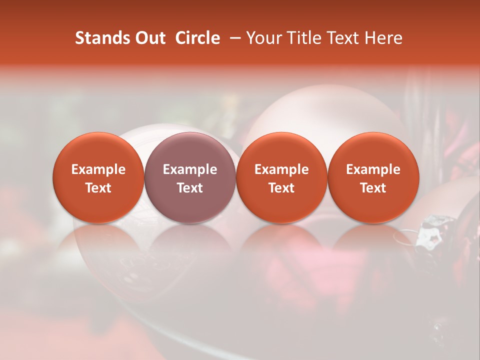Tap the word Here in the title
(x=383, y=38)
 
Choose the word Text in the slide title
(x=343, y=38)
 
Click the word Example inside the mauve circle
(x=190, y=169)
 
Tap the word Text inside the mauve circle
(x=190, y=188)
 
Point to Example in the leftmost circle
(x=98, y=169)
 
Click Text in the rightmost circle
(x=373, y=188)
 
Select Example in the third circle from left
(x=281, y=169)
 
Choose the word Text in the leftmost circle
(x=98, y=188)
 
